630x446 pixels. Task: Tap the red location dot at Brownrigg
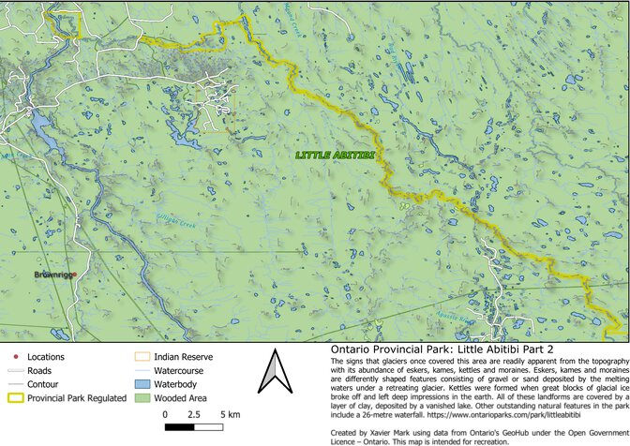pos(74,275)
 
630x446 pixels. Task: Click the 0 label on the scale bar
pos(165,413)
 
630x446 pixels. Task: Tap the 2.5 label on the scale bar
pos(194,413)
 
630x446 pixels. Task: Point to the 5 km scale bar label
pos(228,413)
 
